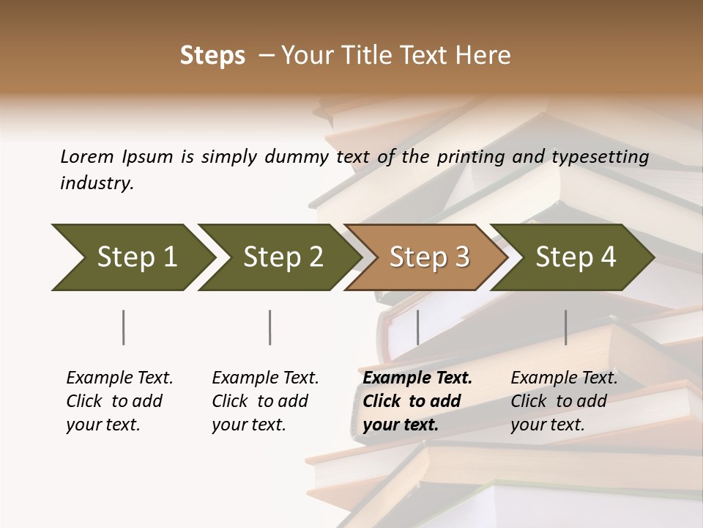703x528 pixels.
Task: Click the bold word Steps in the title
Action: tap(212, 56)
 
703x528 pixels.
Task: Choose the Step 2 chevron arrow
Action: tap(278, 257)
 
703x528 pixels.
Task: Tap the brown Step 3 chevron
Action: tap(427, 257)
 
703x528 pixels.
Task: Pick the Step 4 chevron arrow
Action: tap(573, 257)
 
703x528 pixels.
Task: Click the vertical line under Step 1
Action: tap(124, 327)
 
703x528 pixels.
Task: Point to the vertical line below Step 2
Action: tap(270, 327)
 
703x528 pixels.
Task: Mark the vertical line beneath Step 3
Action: tap(417, 327)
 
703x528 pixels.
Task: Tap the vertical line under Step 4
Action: tap(566, 327)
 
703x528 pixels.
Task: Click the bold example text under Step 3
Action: tap(417, 401)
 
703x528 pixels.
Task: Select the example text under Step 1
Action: tap(119, 401)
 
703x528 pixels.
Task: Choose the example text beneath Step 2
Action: tap(265, 401)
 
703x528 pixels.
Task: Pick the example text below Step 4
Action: tap(564, 401)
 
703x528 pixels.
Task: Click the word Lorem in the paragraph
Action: tap(86, 156)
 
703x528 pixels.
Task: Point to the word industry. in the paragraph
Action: tap(97, 183)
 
